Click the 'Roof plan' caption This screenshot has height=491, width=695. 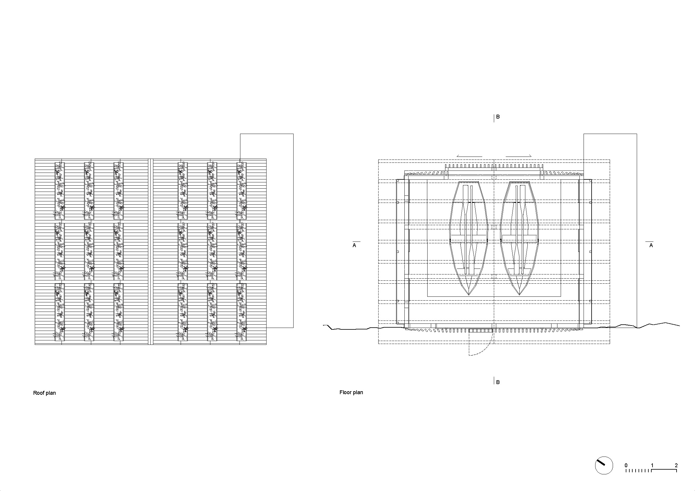point(45,393)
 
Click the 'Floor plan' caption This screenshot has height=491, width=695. point(351,392)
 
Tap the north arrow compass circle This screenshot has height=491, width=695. point(604,465)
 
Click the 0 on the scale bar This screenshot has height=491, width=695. point(626,465)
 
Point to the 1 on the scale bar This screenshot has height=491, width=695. point(652,465)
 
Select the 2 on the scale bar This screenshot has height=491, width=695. point(676,465)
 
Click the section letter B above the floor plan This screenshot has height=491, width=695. point(498,117)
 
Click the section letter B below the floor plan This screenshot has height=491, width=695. point(498,382)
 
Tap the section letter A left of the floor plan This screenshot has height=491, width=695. point(354,246)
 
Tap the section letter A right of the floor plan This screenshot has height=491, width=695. point(651,246)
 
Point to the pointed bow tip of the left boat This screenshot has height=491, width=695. point(469,295)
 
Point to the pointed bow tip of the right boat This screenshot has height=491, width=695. point(519,295)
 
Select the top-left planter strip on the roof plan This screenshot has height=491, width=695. point(60,191)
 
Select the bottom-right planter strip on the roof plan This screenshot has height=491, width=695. point(241,312)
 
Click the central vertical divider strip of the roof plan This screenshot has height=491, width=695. point(151,252)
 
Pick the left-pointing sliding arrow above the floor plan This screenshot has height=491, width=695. point(469,156)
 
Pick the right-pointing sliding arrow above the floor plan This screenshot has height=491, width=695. point(519,156)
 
